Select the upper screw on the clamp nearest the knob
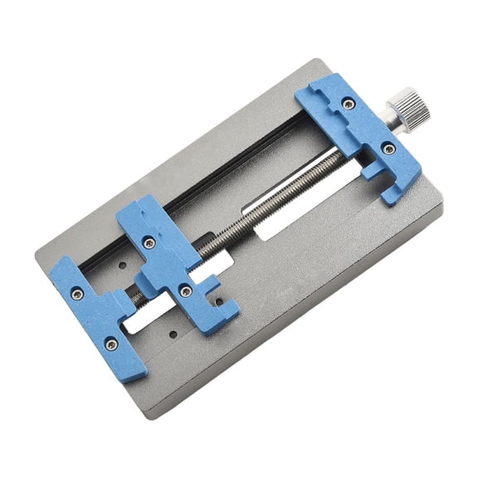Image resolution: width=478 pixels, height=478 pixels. tap(349, 104)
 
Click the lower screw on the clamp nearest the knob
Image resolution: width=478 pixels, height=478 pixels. tap(388, 149)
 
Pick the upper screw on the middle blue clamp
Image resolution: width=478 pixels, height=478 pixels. tap(149, 243)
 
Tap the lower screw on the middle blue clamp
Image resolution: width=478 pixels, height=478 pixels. tap(186, 290)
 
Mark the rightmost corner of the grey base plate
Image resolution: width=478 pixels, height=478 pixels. tap(441, 207)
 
